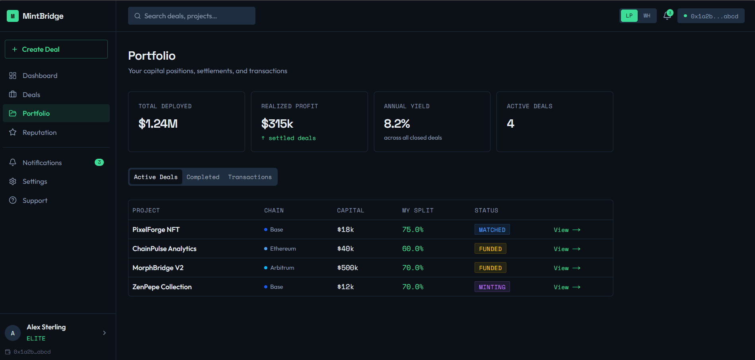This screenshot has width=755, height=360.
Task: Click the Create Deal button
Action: pos(56,49)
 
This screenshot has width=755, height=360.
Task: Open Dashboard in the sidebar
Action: pos(40,76)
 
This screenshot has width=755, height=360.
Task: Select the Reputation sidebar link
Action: pos(39,132)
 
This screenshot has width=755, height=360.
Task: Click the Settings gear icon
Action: pos(13,181)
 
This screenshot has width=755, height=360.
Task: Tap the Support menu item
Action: pos(35,200)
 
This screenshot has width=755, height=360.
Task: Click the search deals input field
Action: pos(192,16)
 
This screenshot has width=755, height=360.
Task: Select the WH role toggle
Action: pos(647,16)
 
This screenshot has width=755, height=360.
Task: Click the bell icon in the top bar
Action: pos(667,16)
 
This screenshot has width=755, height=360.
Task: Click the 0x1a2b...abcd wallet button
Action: pos(711,16)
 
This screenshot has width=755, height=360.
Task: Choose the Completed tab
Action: pos(203,177)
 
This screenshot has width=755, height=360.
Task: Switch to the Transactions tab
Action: pos(250,177)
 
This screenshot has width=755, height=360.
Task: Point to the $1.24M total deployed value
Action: pos(158,124)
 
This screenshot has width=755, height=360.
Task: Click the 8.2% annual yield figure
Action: pos(397,124)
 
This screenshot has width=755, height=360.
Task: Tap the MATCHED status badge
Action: pos(492,230)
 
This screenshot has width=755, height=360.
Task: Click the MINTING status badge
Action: pos(492,287)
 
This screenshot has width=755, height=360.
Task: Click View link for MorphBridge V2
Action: pos(567,268)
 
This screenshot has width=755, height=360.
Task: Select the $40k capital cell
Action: pos(345,249)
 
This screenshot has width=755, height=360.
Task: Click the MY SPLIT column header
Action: pos(418,210)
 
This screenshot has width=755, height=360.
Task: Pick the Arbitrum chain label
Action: pos(282,268)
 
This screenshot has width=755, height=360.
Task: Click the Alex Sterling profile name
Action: pos(46,327)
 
